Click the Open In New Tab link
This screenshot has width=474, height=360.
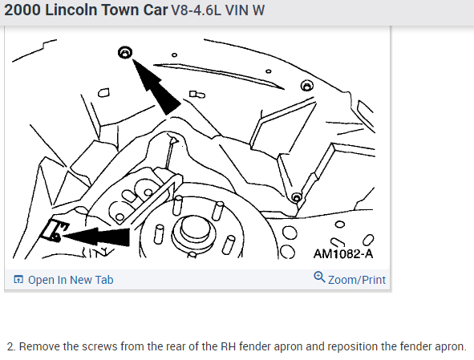coord(71,280)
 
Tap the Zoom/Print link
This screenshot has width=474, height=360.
coord(357,280)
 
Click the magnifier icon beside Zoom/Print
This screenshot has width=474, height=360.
coord(319,277)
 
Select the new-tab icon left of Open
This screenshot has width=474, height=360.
coord(18,280)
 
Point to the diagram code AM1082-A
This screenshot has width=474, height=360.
coord(343,253)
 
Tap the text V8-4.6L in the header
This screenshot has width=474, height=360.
coord(196,10)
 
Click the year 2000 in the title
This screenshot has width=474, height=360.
coord(22,10)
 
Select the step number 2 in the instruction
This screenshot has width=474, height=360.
coord(10,346)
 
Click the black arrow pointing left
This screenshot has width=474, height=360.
coord(95,237)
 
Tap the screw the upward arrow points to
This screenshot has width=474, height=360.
coord(125,53)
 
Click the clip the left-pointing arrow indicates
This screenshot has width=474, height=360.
coord(54,230)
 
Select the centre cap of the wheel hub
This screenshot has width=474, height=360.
coord(193,230)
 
